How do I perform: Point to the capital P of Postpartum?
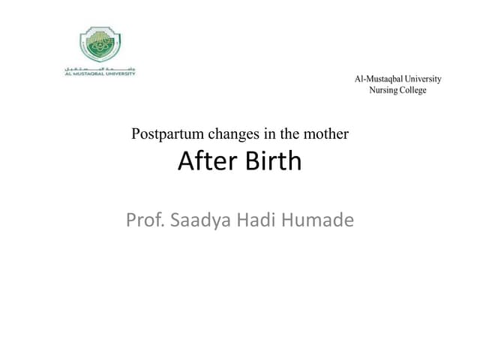(135, 135)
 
